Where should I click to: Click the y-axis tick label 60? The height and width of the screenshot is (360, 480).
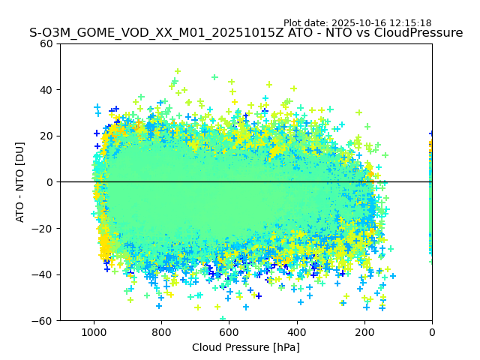(47, 43)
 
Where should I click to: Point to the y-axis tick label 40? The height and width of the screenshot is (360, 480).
(47, 90)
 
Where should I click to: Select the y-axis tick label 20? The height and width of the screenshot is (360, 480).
(47, 136)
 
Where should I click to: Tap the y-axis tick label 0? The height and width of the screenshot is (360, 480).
(50, 182)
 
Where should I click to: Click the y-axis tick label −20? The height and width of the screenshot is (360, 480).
(44, 229)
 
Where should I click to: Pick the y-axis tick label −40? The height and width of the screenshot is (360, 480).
(44, 274)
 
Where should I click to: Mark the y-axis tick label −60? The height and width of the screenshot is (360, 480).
(44, 321)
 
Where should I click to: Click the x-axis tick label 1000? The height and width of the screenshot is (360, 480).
(94, 331)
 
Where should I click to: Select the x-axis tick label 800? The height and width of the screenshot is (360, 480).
(161, 331)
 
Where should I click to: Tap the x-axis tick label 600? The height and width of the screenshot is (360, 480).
(229, 331)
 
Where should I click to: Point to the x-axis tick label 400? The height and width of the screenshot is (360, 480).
(296, 331)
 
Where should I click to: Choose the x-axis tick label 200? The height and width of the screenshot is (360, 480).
(364, 331)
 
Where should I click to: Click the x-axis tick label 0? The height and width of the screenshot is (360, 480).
(432, 331)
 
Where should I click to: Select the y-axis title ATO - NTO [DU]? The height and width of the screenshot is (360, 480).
(20, 182)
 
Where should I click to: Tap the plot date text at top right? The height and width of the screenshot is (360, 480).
(358, 23)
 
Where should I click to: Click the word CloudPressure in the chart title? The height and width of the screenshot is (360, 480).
(418, 33)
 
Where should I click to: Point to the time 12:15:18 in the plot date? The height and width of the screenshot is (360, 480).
(411, 23)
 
